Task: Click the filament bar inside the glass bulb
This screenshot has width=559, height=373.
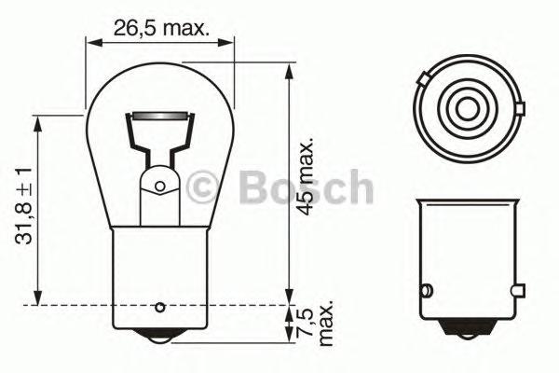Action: (x=157, y=117)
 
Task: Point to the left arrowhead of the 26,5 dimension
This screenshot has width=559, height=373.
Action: (x=89, y=40)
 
